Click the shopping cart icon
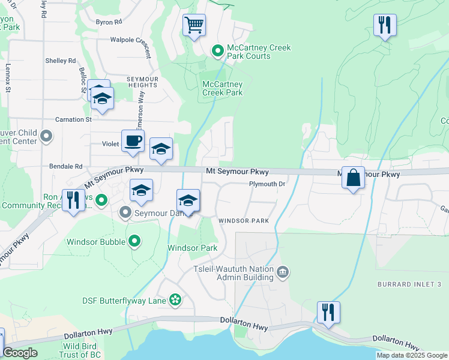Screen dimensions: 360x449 pyautogui.click(x=194, y=25)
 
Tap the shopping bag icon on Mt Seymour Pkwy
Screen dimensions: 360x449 pyautogui.click(x=354, y=178)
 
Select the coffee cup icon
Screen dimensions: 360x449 pyautogui.click(x=133, y=141)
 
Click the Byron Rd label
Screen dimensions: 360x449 pyautogui.click(x=109, y=22)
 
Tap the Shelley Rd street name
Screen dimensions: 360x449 pyautogui.click(x=61, y=61)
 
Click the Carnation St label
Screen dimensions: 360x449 pyautogui.click(x=72, y=119)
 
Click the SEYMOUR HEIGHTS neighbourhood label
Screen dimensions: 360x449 pyautogui.click(x=142, y=82)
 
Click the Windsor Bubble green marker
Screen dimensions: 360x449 pyautogui.click(x=134, y=242)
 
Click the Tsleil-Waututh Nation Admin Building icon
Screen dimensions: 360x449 pyautogui.click(x=283, y=274)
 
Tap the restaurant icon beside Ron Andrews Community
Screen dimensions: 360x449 pyautogui.click(x=73, y=200)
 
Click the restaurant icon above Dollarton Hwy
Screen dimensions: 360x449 pyautogui.click(x=328, y=312)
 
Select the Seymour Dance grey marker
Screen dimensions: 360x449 pyautogui.click(x=125, y=212)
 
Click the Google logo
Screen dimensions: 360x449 pyautogui.click(x=20, y=353)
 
